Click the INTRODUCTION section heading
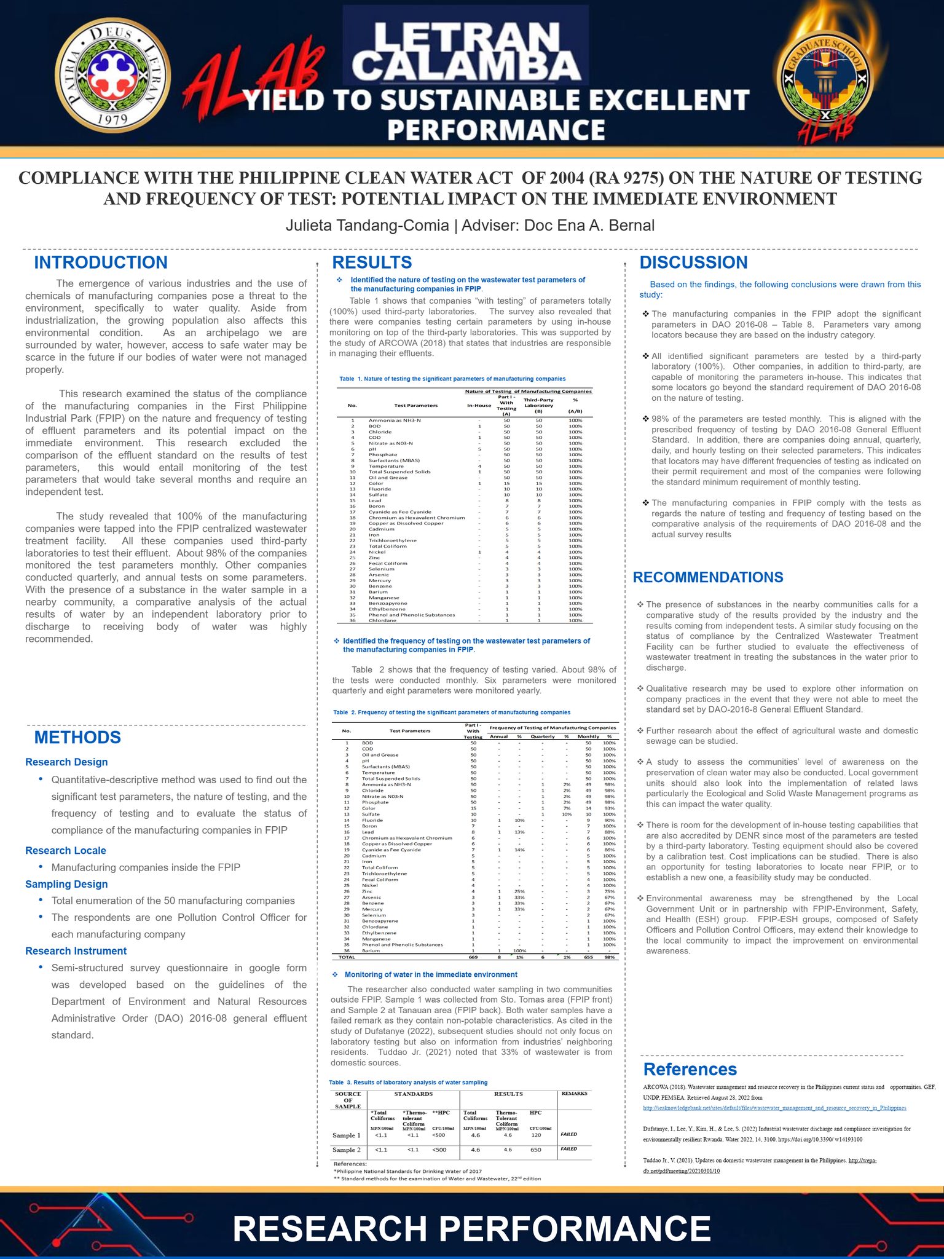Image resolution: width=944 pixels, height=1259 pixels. (x=101, y=262)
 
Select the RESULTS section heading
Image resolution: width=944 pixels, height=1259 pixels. (x=372, y=262)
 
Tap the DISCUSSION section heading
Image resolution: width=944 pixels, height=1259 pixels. (x=693, y=262)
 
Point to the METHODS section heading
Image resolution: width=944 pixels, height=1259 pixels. (x=77, y=738)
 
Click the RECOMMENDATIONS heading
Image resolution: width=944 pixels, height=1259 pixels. (x=708, y=577)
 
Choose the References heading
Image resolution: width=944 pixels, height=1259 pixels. (x=690, y=1069)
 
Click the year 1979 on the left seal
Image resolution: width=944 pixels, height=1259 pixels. (x=112, y=119)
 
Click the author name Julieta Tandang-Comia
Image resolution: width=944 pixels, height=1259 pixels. (x=367, y=226)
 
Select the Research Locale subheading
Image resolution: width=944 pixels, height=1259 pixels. (x=66, y=850)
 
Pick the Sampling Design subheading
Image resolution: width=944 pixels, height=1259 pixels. (x=66, y=884)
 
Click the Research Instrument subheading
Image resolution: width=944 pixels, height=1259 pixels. (x=76, y=951)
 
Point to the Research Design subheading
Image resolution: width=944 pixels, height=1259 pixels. (x=66, y=762)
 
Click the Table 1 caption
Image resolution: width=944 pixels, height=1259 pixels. (x=452, y=379)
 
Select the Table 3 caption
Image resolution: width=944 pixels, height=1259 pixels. (x=408, y=1083)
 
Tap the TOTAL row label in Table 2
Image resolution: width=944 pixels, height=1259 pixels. (x=347, y=957)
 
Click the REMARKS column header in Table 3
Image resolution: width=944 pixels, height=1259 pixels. (x=575, y=1094)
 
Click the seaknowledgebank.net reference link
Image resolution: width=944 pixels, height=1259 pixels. (x=774, y=1108)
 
